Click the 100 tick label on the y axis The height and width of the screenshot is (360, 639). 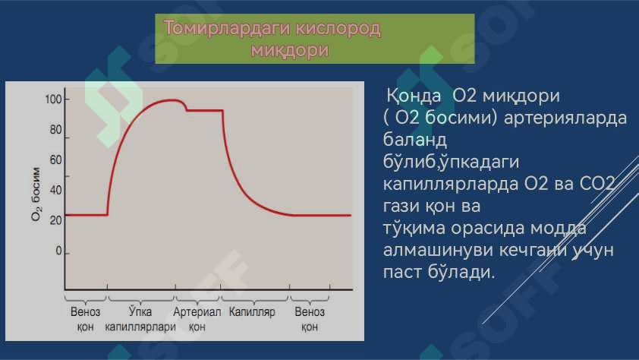click(x=53, y=99)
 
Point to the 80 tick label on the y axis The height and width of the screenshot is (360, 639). click(x=55, y=130)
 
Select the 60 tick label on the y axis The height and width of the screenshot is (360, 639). click(x=55, y=159)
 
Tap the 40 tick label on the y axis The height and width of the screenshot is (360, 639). click(x=55, y=190)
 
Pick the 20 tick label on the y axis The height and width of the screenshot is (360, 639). click(x=55, y=220)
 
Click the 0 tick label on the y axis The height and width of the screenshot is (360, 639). click(x=58, y=251)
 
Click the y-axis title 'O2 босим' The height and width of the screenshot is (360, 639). click(x=36, y=194)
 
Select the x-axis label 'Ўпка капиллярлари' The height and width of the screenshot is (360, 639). click(x=140, y=319)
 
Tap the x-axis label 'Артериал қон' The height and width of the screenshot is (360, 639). click(x=197, y=319)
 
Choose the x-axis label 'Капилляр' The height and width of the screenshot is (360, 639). click(x=252, y=312)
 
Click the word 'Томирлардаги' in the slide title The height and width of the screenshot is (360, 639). click(x=227, y=29)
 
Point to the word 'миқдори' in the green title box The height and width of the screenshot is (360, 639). click(x=290, y=50)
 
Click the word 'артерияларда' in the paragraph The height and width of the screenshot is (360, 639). click(x=565, y=118)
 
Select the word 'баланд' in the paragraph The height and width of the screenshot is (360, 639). click(x=415, y=140)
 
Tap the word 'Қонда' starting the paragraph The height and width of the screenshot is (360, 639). click(x=414, y=96)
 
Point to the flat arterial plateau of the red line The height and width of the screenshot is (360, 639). click(x=205, y=110)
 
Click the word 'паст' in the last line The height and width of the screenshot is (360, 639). click(x=402, y=272)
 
